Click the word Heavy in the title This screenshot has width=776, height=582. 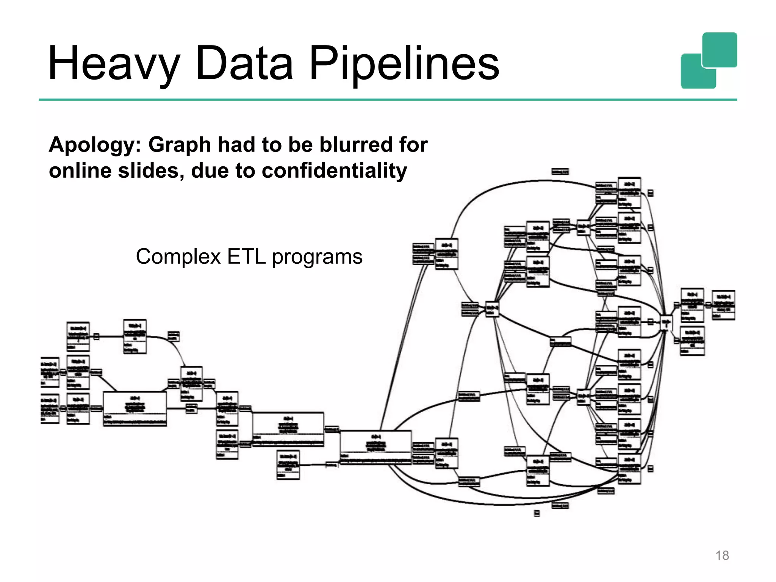(x=114, y=64)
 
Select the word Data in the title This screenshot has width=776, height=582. (x=244, y=64)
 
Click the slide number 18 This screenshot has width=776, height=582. (x=722, y=555)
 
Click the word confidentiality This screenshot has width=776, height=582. (x=334, y=171)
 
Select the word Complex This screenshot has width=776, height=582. (x=178, y=257)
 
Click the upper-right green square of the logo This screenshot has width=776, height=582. (x=720, y=50)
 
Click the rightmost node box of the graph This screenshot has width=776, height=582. (x=723, y=305)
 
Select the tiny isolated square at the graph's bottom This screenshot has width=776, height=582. (x=537, y=513)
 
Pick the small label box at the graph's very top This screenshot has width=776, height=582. (x=560, y=172)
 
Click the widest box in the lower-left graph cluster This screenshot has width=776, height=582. (x=135, y=409)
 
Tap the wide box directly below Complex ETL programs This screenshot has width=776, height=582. (x=288, y=429)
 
